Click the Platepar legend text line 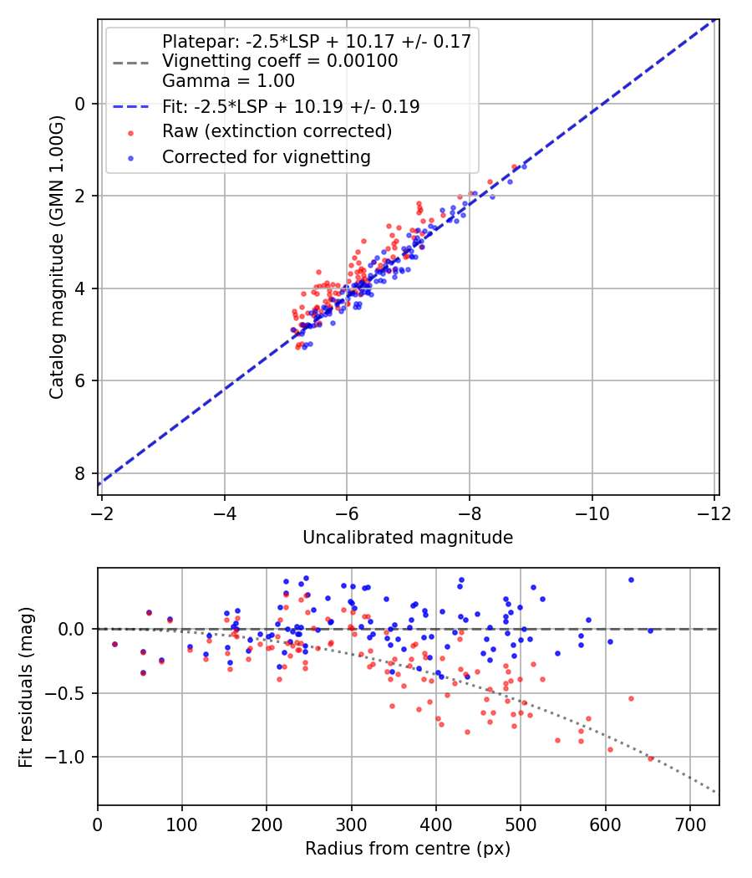316,41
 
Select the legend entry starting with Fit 291,107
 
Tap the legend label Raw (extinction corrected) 277,131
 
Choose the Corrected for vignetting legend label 267,156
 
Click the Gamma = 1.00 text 228,82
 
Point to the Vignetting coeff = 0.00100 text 280,61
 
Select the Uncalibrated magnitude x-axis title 408,537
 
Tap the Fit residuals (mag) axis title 26,687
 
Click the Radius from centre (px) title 408,849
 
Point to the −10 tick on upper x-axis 592,511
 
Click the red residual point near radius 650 650,758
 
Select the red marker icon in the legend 130,132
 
